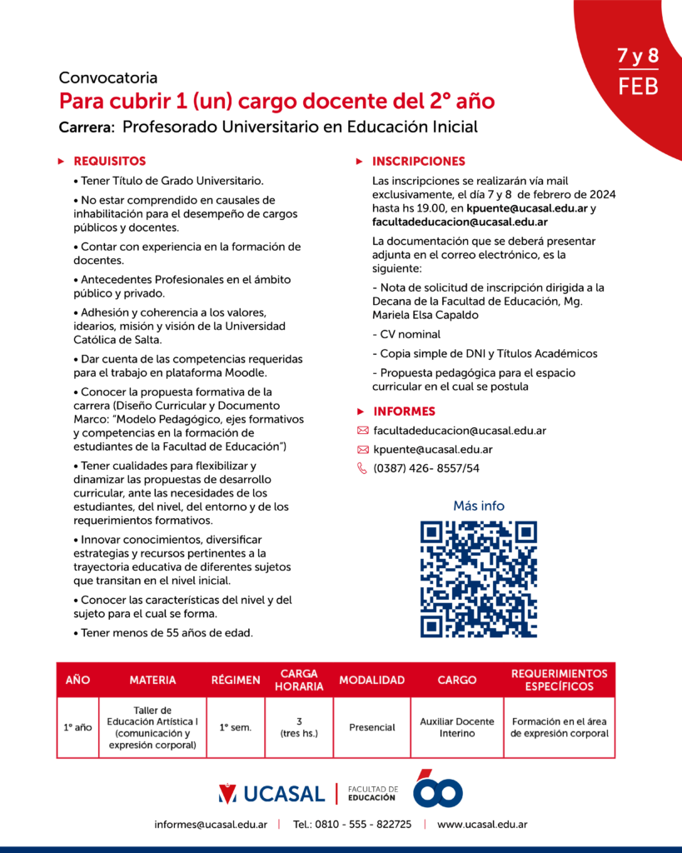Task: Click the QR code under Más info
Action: pos(478,579)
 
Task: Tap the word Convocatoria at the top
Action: pos(108,78)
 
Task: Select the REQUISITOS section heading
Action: pos(109,161)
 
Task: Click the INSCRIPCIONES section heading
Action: pos(418,161)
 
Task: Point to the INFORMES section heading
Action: pos(404,412)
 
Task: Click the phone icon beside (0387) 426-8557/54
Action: pos(362,468)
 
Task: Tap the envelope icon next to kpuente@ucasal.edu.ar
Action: pos(362,450)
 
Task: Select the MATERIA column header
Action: pos(152,680)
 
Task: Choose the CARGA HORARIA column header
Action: pos(299,680)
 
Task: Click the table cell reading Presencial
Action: pos(371,727)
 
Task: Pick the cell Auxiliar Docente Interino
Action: pos(457,727)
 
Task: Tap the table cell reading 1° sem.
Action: pos(236,727)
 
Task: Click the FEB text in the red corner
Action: pos(638,86)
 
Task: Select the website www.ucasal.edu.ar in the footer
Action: pos(482,825)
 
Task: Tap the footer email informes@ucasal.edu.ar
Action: pos(211,825)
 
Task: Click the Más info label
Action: pos(479,506)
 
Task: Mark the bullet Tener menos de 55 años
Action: pos(167,633)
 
